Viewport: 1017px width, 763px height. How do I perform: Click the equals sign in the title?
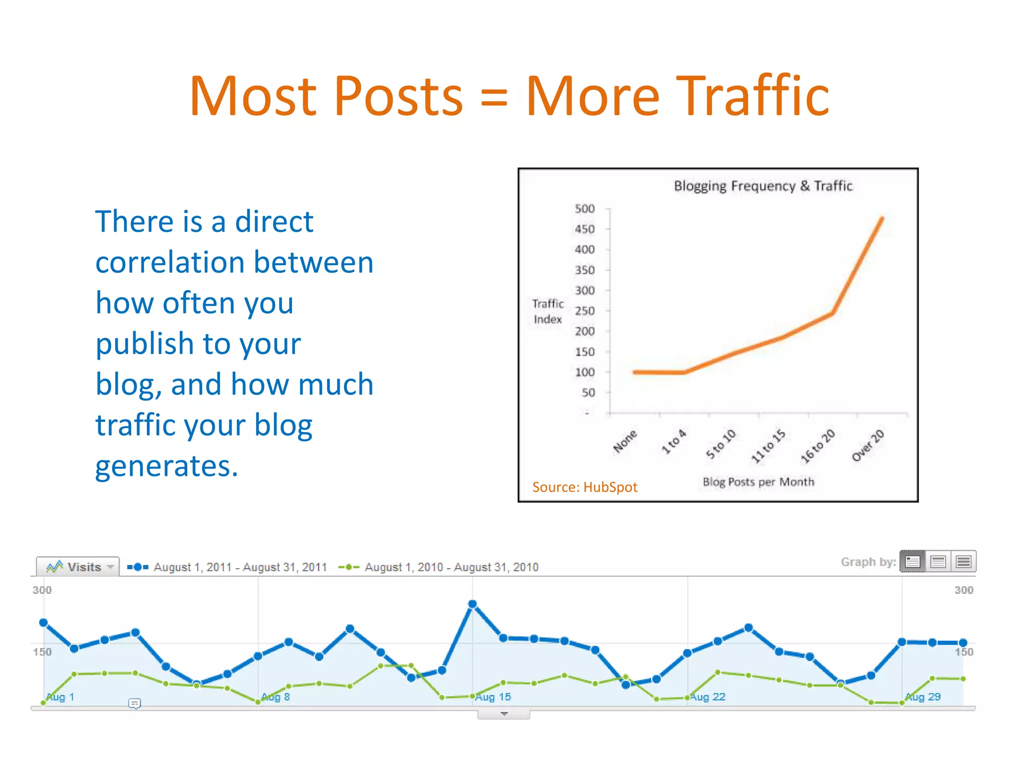pos(494,97)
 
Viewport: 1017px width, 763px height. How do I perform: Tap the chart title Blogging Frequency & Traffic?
pos(763,186)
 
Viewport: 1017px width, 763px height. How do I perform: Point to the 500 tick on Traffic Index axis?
pos(584,209)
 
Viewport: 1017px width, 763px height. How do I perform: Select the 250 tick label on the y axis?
pos(584,311)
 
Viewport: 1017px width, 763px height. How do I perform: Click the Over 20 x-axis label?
pos(868,445)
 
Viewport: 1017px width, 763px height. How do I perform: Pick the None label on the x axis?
pos(625,442)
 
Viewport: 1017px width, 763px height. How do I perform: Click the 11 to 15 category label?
pos(768,446)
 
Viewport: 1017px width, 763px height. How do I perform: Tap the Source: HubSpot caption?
pos(584,487)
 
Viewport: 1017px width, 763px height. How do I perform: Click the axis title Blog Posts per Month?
pos(758,482)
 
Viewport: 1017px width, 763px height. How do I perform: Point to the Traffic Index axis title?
pos(548,311)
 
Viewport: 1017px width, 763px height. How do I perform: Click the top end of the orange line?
pos(882,218)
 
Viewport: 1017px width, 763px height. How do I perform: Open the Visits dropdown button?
pos(78,567)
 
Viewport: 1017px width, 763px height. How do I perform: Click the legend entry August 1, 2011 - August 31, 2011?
pos(240,567)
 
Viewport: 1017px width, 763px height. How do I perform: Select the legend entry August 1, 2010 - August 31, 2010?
pos(451,567)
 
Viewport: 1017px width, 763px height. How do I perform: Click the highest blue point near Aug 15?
pos(472,604)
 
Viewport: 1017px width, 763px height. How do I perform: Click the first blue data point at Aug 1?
pos(43,622)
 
